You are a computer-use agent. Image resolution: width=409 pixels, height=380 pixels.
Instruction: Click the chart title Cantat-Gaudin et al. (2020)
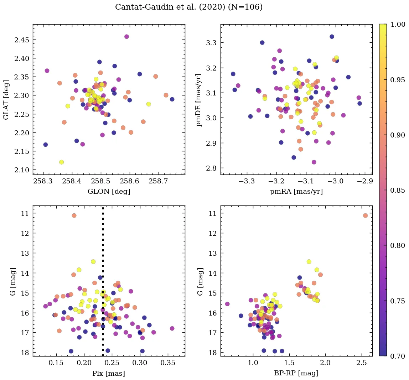[189, 7]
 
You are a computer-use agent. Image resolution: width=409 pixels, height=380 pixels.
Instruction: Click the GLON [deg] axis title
[109, 192]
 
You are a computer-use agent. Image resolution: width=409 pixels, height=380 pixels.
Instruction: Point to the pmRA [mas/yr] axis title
[296, 192]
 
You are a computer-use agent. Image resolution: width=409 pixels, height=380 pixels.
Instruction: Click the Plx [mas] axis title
[109, 373]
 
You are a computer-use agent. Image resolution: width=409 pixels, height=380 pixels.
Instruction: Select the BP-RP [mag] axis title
[296, 373]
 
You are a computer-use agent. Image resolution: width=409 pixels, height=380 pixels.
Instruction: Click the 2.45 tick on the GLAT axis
[22, 40]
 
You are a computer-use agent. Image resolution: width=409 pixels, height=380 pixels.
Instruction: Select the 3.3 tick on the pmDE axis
[213, 43]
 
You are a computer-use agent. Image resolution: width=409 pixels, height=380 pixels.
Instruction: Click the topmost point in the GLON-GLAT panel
[126, 37]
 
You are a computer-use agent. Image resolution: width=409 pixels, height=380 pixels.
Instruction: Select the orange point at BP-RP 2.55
[365, 215]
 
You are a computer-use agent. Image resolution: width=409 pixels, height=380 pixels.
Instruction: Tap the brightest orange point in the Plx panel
[74, 215]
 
